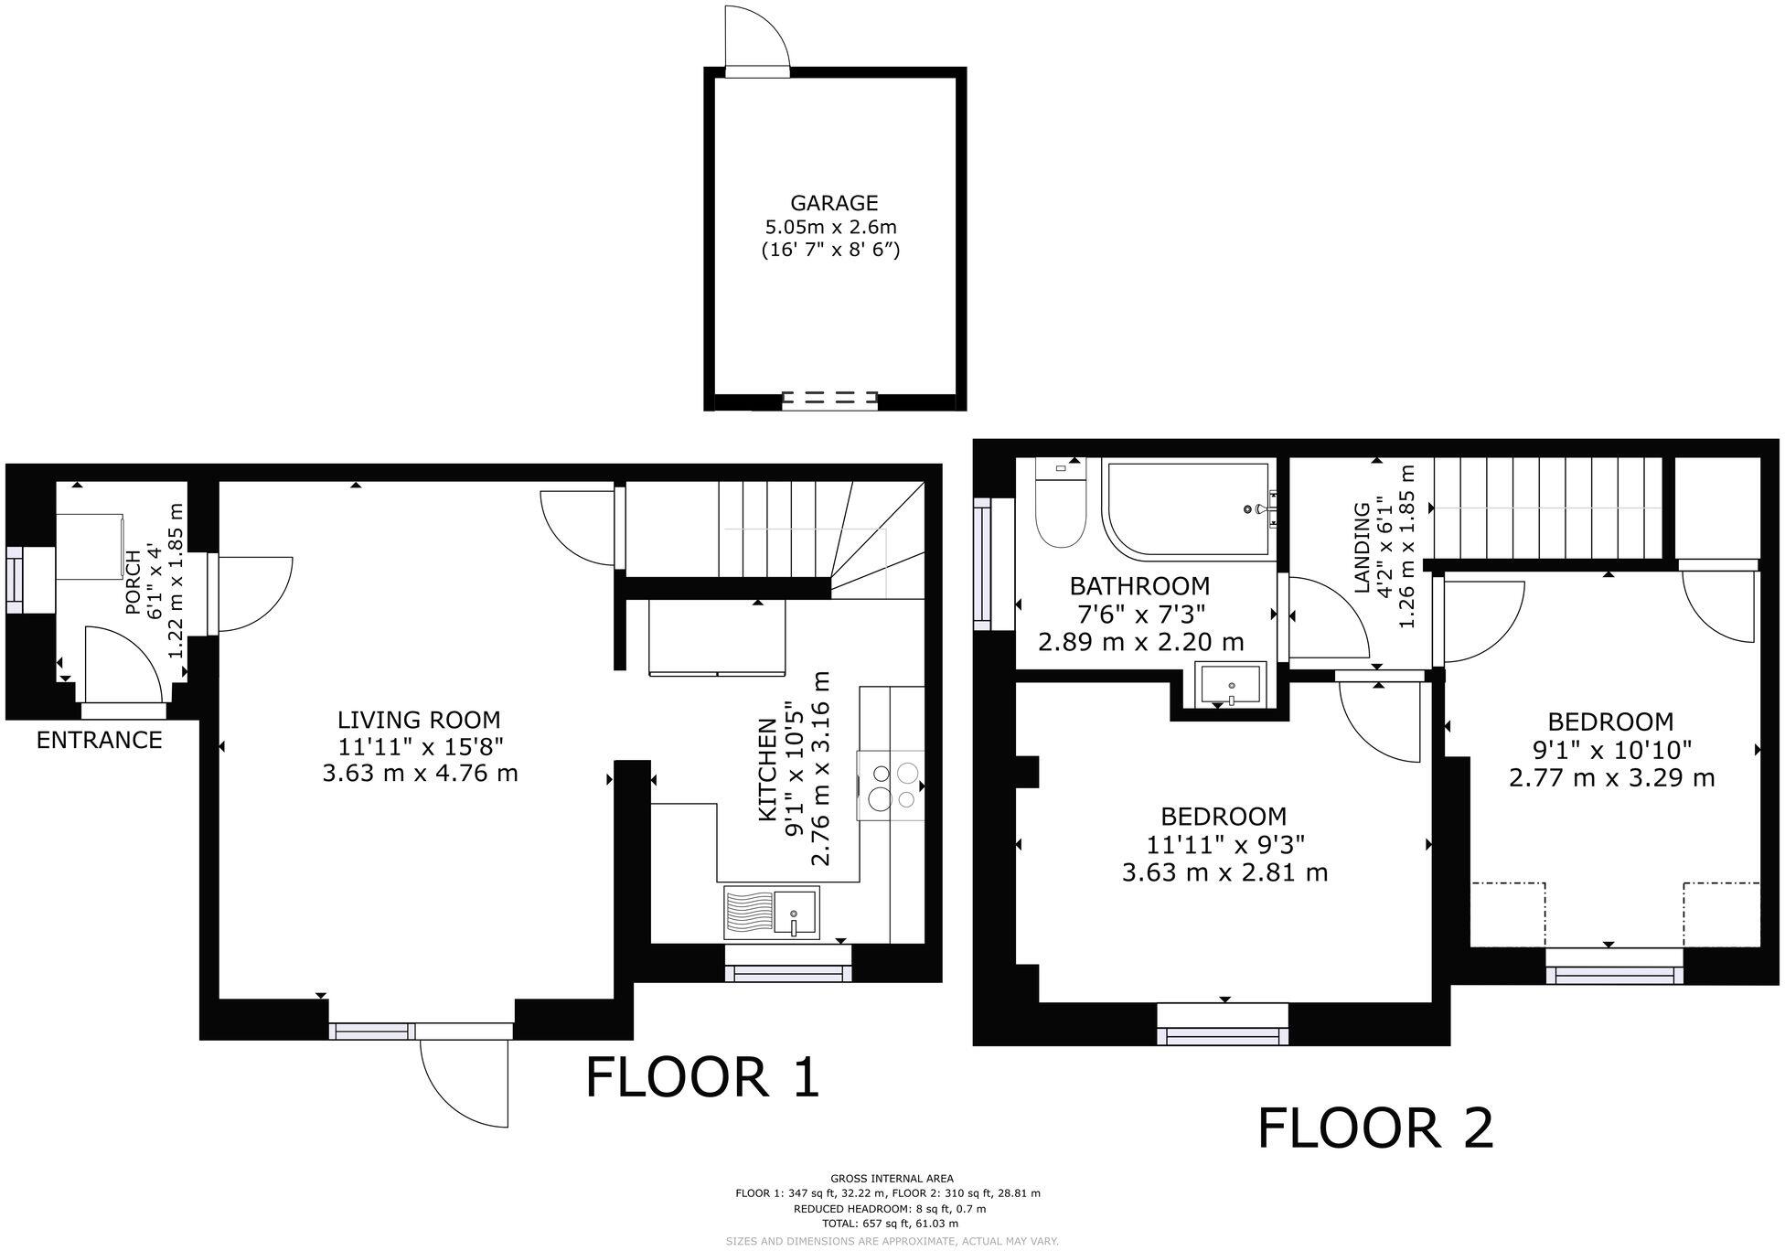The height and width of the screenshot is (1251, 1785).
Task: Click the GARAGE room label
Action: tap(833, 203)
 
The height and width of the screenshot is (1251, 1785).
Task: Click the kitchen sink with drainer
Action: tap(771, 913)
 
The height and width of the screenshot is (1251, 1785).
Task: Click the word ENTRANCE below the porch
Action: tap(99, 740)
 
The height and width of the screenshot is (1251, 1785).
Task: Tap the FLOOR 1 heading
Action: tap(702, 1076)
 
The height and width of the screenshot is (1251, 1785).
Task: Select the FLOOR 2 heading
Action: tap(1375, 1128)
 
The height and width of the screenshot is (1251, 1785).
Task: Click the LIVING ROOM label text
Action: tap(420, 720)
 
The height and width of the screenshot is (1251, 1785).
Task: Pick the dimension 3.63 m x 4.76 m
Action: tap(420, 774)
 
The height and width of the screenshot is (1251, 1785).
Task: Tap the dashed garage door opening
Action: tap(829, 399)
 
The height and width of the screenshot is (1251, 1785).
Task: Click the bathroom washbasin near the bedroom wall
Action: tap(1232, 685)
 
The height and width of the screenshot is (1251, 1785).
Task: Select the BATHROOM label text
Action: tap(1139, 585)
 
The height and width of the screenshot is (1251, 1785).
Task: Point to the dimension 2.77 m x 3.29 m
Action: tap(1610, 778)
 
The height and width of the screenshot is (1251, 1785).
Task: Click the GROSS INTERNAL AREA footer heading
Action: tap(892, 1179)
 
